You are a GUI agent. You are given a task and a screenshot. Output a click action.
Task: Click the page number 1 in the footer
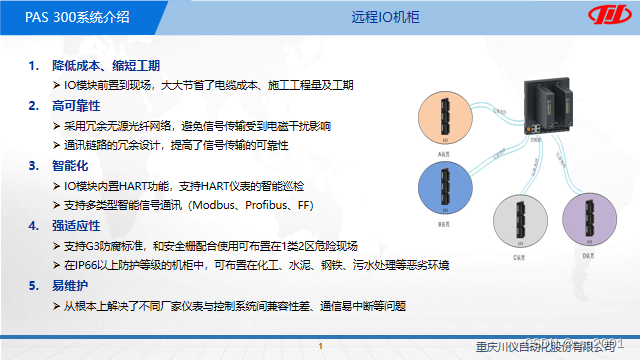coord(319,347)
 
